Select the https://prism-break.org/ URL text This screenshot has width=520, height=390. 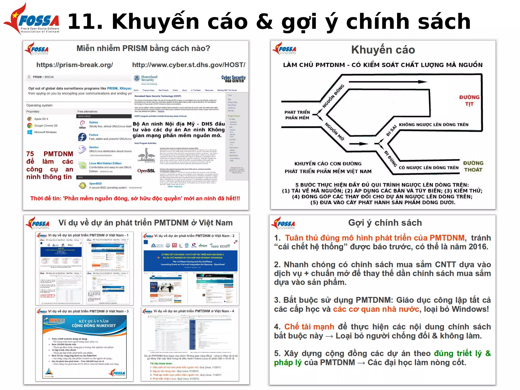pyautogui.click(x=75, y=65)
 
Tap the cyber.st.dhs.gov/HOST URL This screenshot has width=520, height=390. pyautogui.click(x=189, y=65)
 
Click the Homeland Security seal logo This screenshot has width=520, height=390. pyautogui.click(x=137, y=78)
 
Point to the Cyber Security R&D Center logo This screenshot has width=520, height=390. pyautogui.click(x=233, y=79)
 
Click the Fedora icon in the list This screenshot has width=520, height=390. pyautogui.click(x=82, y=137)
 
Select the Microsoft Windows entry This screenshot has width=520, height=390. pyautogui.click(x=45, y=132)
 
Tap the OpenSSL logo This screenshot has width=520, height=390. pyautogui.click(x=146, y=171)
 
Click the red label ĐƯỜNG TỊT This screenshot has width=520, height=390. pyautogui.click(x=469, y=101)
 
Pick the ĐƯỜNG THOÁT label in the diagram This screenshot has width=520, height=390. pyautogui.click(x=473, y=166)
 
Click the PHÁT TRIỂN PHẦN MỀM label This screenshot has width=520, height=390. pyautogui.click(x=297, y=115)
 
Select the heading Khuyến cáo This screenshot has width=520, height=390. pyautogui.click(x=383, y=50)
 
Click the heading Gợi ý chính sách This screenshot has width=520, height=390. pyautogui.click(x=385, y=223)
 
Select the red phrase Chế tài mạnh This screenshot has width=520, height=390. pyautogui.click(x=309, y=327)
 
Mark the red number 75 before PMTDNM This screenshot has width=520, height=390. pyautogui.click(x=30, y=154)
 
